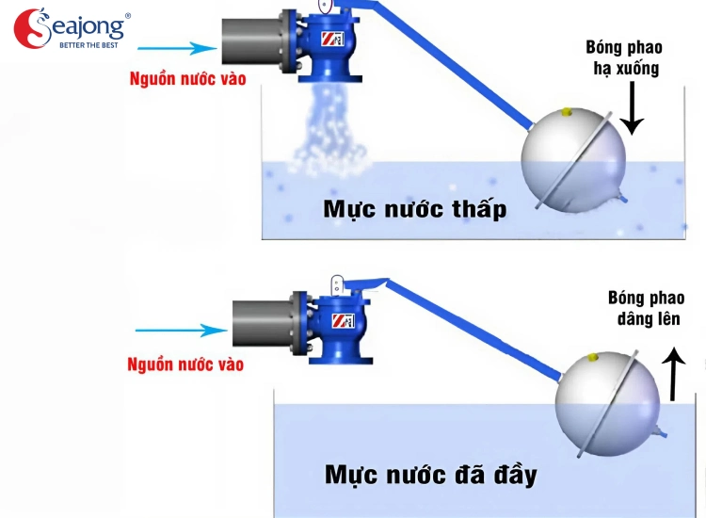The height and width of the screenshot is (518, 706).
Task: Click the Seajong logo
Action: [x=71, y=30]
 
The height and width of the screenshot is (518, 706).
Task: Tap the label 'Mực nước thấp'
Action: [x=414, y=208]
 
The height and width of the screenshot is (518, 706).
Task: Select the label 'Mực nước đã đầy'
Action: [x=431, y=473]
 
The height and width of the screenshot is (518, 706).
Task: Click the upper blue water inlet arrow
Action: [x=188, y=48]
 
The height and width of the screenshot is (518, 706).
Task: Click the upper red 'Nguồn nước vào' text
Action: [x=187, y=79]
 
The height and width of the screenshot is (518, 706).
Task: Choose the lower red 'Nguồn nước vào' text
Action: [x=185, y=363]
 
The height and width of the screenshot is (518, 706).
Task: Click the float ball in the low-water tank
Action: [x=574, y=160]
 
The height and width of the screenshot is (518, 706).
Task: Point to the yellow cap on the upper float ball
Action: [x=567, y=112]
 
